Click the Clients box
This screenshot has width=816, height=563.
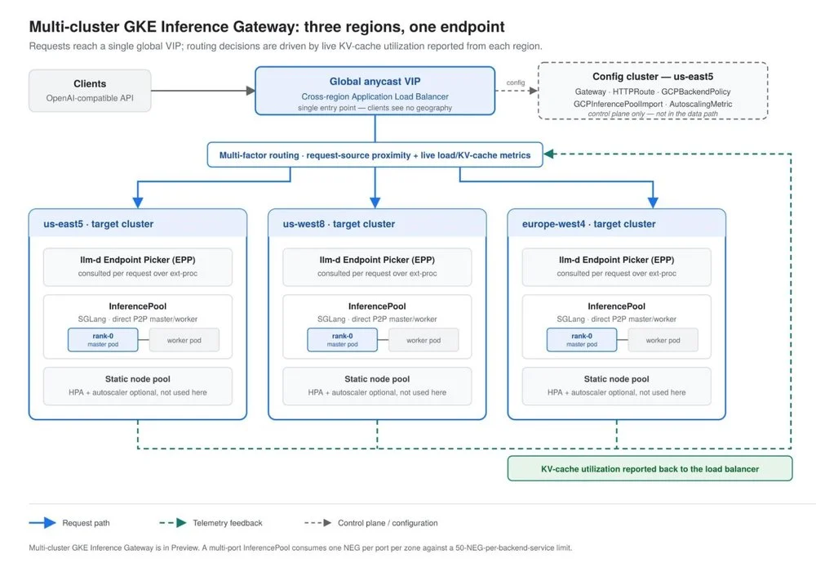[90, 90]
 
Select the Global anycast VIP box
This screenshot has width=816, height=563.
[375, 91]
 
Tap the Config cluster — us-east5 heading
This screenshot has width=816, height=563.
[653, 77]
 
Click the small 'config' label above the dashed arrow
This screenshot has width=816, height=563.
[515, 83]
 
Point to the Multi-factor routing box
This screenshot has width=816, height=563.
[375, 154]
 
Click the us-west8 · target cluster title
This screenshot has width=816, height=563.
[339, 224]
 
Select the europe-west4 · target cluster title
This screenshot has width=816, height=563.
[588, 224]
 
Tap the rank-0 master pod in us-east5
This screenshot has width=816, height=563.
[103, 340]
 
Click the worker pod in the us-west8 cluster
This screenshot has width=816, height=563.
[424, 340]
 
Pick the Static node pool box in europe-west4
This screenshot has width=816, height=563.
[616, 386]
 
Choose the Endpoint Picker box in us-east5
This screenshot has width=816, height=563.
[137, 267]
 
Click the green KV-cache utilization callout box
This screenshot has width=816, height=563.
[650, 469]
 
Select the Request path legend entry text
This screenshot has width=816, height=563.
[86, 523]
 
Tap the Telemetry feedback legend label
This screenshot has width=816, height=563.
[228, 523]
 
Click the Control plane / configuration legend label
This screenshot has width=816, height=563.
[388, 523]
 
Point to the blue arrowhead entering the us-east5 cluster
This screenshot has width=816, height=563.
[138, 203]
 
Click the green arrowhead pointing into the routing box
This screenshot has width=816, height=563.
[548, 154]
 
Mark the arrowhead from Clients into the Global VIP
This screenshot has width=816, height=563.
[251, 91]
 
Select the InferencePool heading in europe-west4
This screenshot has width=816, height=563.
[616, 306]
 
